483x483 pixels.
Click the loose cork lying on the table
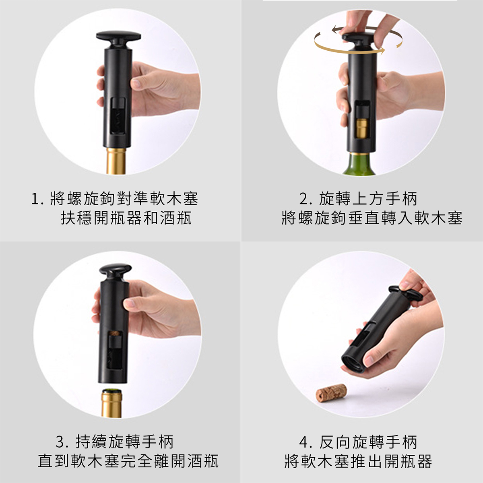(x=331, y=392)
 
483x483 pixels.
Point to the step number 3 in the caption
(x=61, y=442)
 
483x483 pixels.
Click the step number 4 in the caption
(x=305, y=442)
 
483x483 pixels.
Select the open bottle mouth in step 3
(x=111, y=391)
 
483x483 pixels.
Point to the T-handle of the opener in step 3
(x=116, y=270)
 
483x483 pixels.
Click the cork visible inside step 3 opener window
(x=116, y=333)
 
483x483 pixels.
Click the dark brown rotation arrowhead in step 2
(x=335, y=29)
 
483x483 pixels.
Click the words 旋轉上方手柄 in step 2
(x=368, y=199)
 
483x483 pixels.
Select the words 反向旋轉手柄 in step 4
(x=368, y=442)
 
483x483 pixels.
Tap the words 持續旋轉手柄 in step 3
(x=125, y=442)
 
